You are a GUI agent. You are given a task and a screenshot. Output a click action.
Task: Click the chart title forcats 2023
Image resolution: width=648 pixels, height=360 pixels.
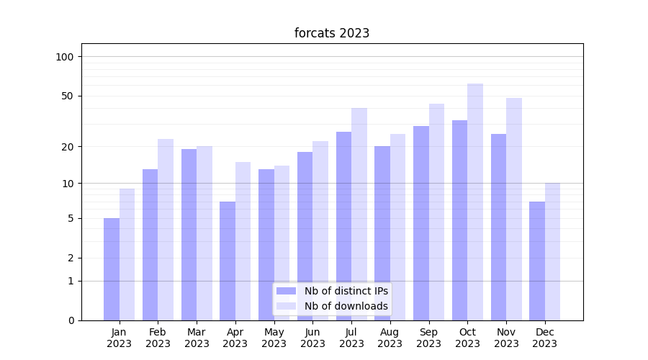point(332,33)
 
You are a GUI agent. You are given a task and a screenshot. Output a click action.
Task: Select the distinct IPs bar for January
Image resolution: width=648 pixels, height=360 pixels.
point(112,269)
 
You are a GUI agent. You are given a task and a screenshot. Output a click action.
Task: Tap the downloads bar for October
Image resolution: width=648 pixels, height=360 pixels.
point(475,202)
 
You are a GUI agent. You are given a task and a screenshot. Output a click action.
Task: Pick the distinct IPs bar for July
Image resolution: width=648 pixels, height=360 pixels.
point(343,226)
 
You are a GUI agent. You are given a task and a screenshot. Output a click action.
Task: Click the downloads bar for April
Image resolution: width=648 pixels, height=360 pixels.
point(243,241)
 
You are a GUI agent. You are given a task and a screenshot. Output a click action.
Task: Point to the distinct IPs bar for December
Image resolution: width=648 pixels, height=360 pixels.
point(537,261)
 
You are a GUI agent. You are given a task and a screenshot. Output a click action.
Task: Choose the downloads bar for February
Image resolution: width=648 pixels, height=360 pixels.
point(166,230)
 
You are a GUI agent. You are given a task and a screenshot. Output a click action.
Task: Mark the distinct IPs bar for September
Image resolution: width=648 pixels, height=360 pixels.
point(421,223)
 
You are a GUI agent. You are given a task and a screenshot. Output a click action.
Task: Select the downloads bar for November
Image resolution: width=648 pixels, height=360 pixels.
point(514,209)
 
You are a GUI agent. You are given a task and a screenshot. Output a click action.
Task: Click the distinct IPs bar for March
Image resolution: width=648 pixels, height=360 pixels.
point(189,235)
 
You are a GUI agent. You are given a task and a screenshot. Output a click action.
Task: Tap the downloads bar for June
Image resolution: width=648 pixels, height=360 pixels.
point(320,230)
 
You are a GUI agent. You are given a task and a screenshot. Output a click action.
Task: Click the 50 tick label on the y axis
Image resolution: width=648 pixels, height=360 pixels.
point(68,96)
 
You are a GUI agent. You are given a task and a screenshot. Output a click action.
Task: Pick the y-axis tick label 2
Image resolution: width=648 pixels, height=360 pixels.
point(71,258)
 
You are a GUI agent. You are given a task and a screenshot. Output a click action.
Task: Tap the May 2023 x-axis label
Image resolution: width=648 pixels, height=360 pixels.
point(274,338)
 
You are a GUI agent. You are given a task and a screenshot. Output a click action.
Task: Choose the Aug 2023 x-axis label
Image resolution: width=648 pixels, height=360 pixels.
point(390,338)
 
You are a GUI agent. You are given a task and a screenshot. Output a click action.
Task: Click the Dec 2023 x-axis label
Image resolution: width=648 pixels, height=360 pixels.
point(545,338)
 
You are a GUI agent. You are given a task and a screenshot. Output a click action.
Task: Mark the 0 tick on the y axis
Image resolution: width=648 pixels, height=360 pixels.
point(71,320)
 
